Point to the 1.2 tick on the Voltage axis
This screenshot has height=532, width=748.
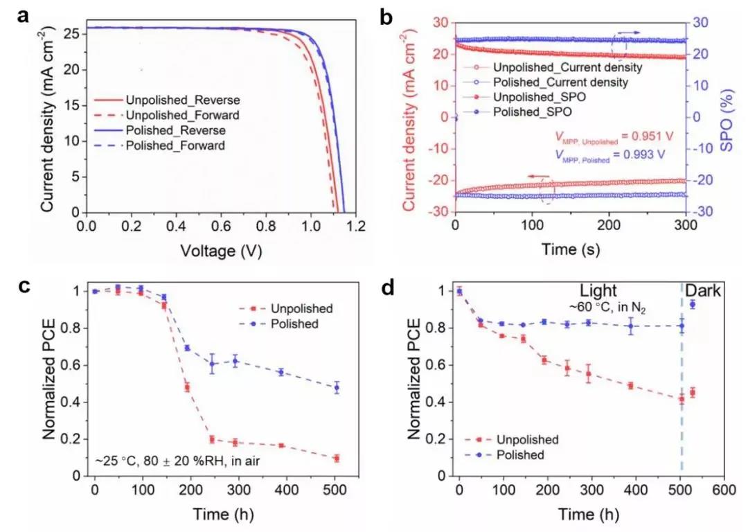(x=356, y=227)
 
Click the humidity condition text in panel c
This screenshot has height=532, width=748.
(x=175, y=460)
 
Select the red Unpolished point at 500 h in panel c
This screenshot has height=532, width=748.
(x=336, y=459)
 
